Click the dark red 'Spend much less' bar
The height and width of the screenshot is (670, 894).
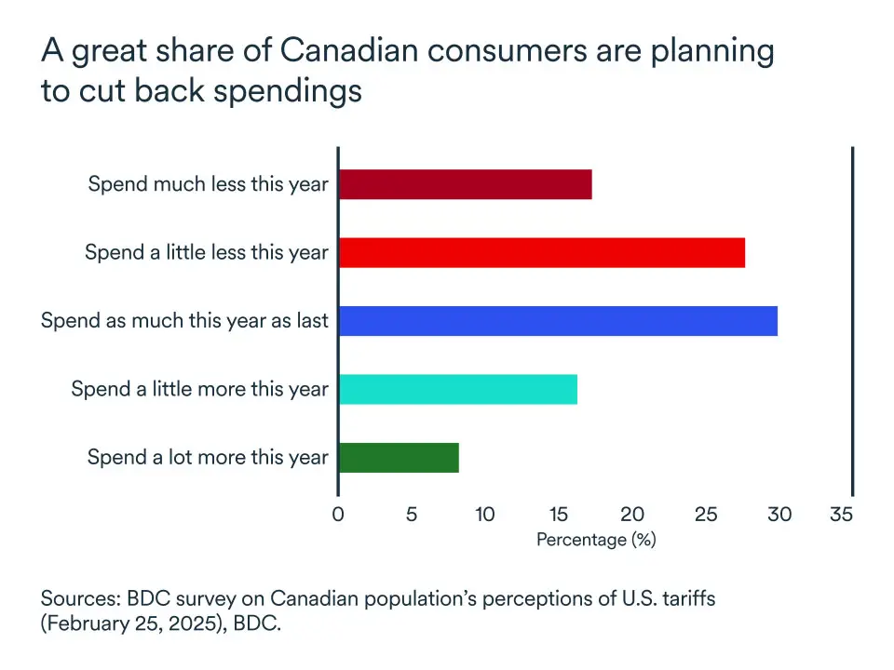click(x=465, y=184)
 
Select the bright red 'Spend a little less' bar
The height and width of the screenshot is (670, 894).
click(x=541, y=252)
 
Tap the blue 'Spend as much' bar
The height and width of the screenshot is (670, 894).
click(x=557, y=320)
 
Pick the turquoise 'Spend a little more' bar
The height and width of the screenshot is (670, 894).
click(x=457, y=389)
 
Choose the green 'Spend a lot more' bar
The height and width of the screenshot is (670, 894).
click(x=399, y=457)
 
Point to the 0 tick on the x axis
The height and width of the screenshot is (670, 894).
click(x=338, y=514)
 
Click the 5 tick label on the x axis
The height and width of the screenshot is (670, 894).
click(x=412, y=514)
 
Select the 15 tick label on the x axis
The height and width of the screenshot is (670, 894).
click(x=558, y=514)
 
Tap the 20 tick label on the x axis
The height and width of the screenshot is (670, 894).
click(x=632, y=514)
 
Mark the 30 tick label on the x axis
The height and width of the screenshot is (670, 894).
click(x=779, y=514)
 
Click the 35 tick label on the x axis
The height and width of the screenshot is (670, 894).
click(x=841, y=514)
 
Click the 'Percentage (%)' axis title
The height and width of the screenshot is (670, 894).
click(x=596, y=540)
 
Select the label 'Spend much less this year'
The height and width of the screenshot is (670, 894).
click(x=208, y=184)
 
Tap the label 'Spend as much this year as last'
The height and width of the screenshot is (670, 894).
click(x=184, y=321)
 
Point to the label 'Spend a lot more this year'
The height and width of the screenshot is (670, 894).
click(x=208, y=458)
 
